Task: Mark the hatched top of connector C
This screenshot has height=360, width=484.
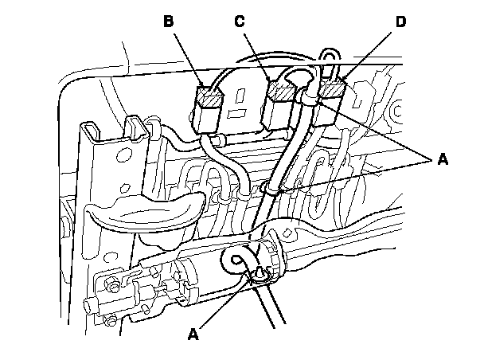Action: point(281,94)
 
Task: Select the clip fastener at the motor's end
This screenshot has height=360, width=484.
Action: point(259,275)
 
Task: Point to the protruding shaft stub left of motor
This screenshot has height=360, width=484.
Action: point(89,306)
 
